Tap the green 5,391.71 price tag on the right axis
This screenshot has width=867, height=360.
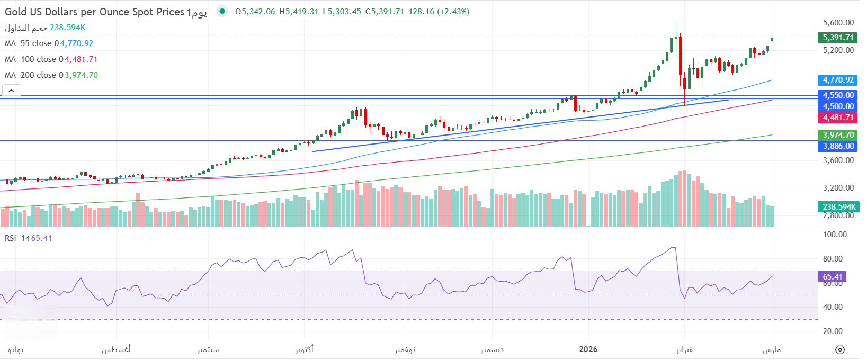coord(838,38)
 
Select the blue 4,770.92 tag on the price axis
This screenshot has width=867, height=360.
coord(838,80)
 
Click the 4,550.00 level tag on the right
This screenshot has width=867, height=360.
coord(838,95)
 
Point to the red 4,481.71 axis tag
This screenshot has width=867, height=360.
coord(838,118)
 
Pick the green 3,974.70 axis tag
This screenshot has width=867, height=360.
coord(838,135)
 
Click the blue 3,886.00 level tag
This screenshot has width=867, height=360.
coord(838,146)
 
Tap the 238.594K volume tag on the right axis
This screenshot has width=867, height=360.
coord(838,207)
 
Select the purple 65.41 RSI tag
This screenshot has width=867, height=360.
coord(832,277)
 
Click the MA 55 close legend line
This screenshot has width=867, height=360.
coord(49,43)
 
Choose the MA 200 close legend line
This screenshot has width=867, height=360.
coord(51,75)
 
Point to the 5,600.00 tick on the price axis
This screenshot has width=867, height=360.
coord(838,23)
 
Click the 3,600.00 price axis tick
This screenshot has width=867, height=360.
coord(838,160)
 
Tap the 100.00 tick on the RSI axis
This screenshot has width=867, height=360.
coord(835,235)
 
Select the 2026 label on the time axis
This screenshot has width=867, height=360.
coord(588,349)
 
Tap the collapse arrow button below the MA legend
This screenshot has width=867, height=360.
coord(11,91)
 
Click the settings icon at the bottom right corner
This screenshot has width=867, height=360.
coord(839,350)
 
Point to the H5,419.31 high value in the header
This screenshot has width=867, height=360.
coord(299,12)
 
